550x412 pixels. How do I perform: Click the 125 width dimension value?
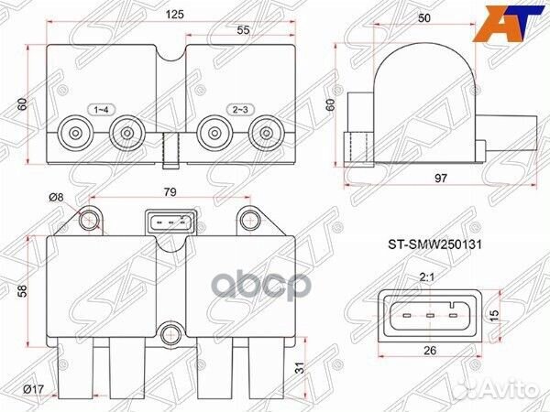(x=175, y=15)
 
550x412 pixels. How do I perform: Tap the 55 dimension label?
(x=243, y=30)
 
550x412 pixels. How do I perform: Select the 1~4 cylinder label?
(x=101, y=110)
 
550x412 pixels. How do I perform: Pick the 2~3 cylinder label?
(x=240, y=110)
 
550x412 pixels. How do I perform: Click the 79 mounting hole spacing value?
(x=170, y=192)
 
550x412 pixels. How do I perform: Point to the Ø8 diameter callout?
(x=56, y=198)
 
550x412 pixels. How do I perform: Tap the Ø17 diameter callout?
(x=33, y=389)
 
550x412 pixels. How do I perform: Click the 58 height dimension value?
(x=22, y=291)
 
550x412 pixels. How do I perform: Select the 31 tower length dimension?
(x=299, y=368)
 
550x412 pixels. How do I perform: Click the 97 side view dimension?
(x=441, y=178)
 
